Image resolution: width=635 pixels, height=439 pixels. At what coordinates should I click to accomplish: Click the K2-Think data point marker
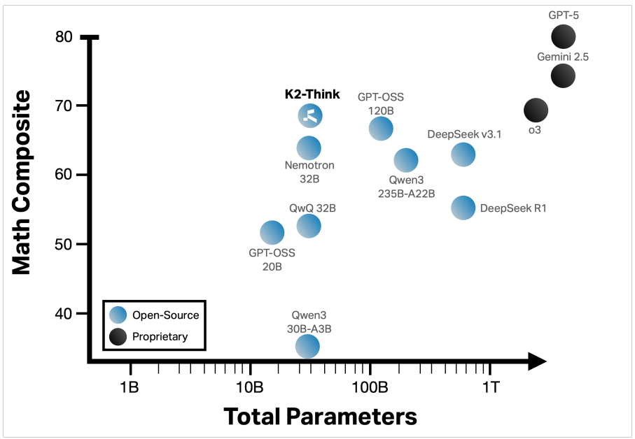(310, 116)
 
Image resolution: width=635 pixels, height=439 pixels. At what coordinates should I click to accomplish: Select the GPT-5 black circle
(564, 36)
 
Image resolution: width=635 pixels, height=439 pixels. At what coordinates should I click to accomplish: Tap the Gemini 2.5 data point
(564, 75)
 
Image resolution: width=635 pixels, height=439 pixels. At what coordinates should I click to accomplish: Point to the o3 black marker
(536, 110)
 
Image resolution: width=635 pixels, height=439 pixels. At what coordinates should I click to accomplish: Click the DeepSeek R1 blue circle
(463, 207)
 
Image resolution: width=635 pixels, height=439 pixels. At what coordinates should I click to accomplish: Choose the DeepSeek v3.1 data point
(463, 154)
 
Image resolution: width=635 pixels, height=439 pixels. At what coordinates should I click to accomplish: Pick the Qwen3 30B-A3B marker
(307, 345)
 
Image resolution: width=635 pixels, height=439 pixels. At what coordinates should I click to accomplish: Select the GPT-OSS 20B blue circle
(272, 232)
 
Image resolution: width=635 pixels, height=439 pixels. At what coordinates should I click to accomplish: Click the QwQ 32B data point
(309, 225)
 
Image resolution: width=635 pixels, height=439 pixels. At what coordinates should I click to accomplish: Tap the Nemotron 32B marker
(309, 147)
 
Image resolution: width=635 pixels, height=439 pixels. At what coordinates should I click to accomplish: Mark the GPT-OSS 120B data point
(381, 128)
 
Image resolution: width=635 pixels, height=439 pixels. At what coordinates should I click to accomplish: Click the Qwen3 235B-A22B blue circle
(405, 160)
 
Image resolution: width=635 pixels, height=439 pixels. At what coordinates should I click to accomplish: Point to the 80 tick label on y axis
(64, 36)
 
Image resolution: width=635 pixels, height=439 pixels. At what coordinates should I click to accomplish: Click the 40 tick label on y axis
(64, 314)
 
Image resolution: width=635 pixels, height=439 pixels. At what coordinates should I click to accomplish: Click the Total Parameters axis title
(320, 417)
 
